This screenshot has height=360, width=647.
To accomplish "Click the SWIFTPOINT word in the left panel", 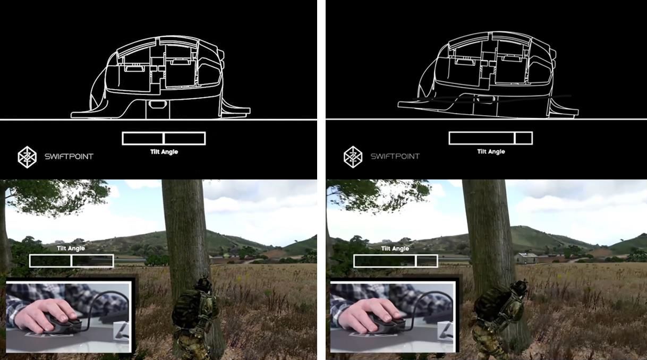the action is tap(69, 157).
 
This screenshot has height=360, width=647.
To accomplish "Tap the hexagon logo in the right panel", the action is tap(353, 157).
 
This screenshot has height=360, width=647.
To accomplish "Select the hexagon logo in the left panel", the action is tap(27, 157).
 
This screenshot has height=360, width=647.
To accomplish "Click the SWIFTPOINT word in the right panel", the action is tap(395, 157).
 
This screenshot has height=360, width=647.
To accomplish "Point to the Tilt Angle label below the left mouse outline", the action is tap(164, 152).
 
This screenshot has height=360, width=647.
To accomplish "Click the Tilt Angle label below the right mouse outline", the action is tap(491, 151).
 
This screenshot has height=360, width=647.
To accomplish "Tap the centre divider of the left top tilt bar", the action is tap(164, 139).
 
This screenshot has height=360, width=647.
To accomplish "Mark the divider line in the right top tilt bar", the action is tap(515, 139).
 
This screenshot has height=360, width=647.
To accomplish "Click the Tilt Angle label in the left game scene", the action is tap(71, 248).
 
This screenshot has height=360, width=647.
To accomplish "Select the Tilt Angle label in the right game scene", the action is tap(395, 248).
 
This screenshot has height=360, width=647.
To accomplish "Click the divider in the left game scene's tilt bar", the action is tap(71, 261).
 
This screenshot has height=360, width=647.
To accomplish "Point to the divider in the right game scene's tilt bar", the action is tap(415, 261).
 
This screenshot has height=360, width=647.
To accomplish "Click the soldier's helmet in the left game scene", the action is tap(203, 285).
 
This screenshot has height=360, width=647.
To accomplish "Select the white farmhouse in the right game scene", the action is tap(526, 258).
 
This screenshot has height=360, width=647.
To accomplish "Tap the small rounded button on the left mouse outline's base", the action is tap(156, 105).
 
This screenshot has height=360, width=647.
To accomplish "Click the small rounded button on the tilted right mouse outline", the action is tap(486, 100).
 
